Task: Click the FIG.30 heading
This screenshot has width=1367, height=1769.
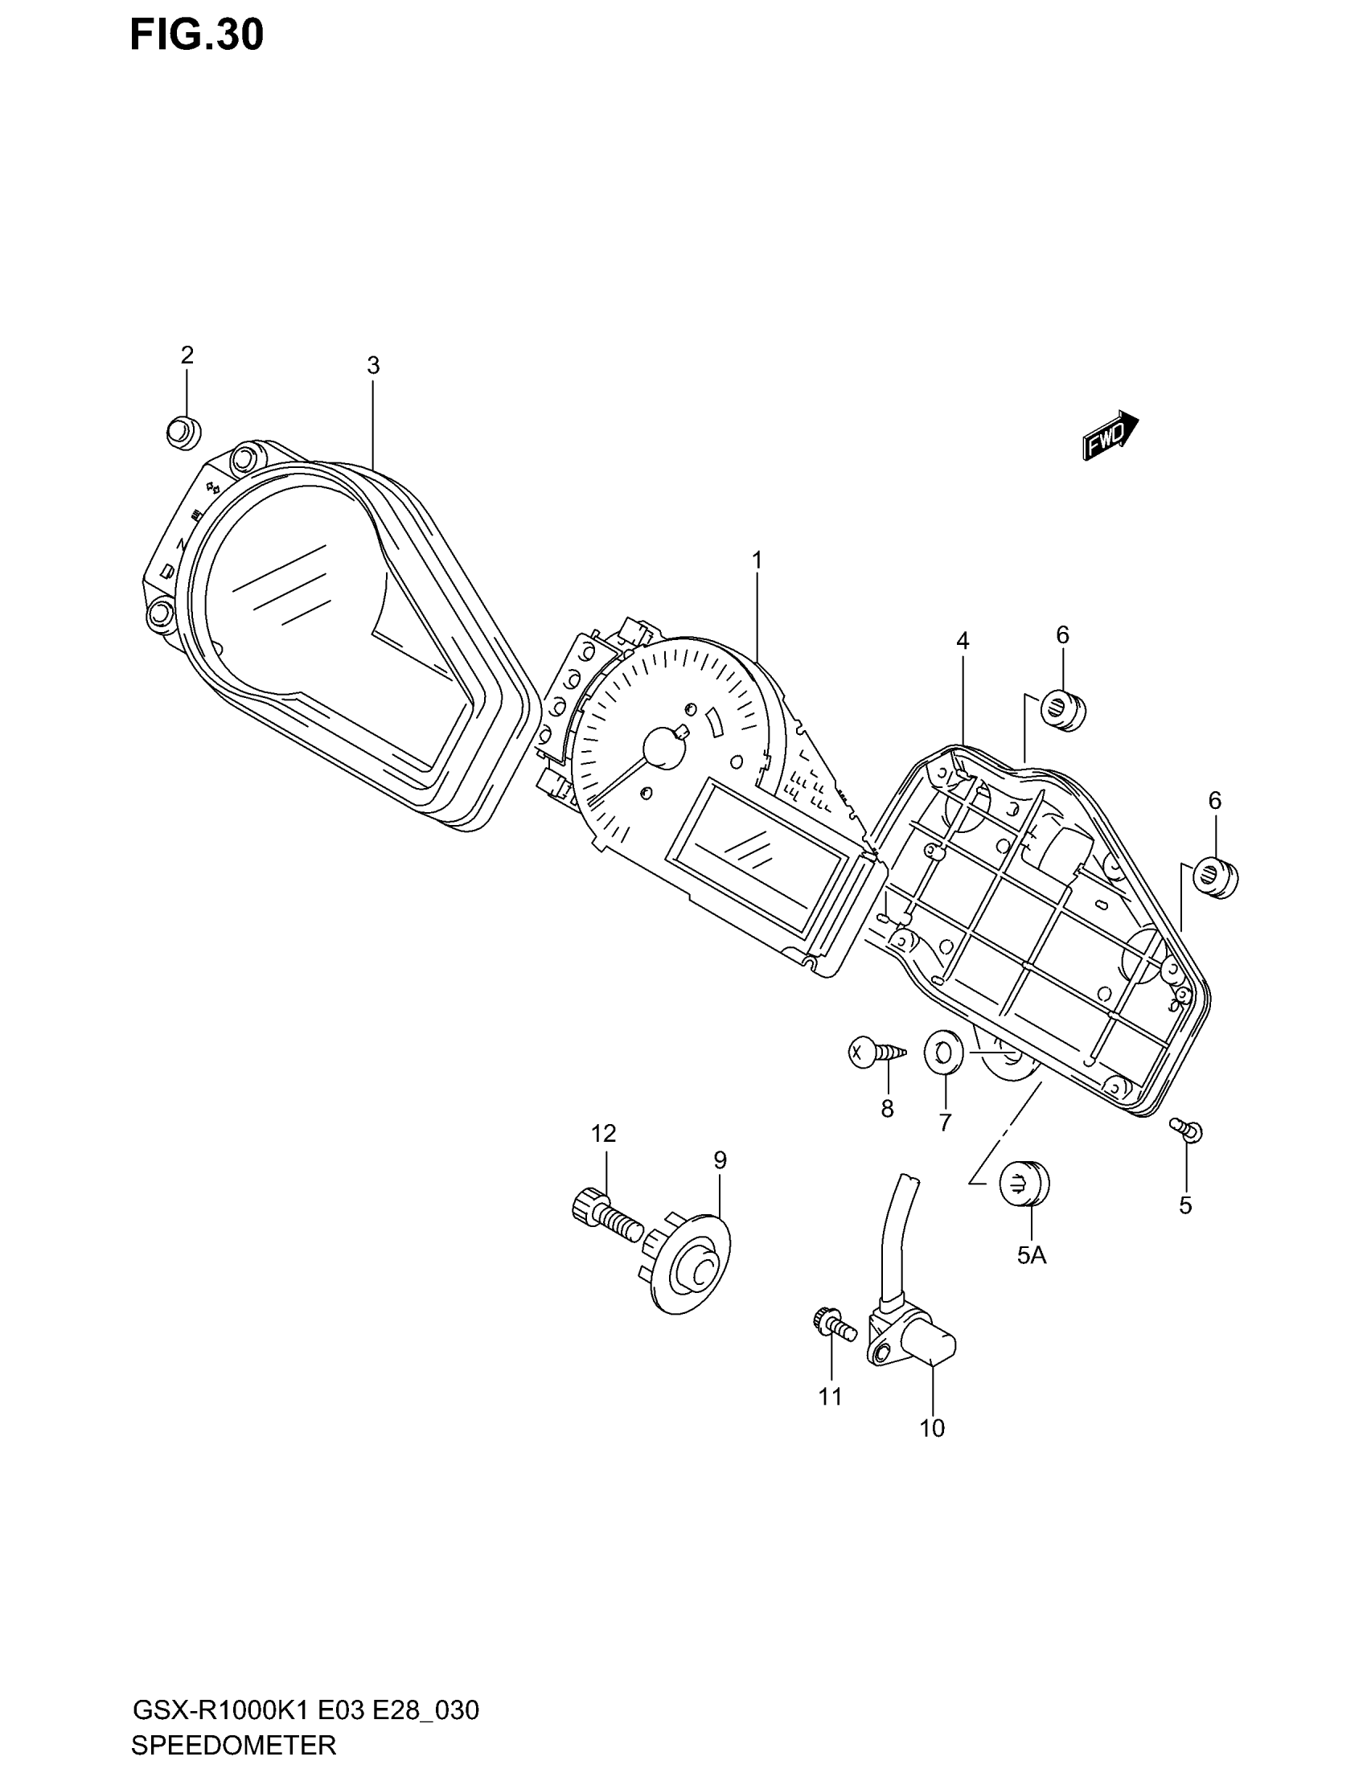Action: click(197, 35)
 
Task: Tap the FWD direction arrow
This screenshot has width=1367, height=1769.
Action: click(1110, 435)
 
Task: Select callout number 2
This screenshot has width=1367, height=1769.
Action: click(187, 355)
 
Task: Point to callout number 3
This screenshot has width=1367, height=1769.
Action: click(372, 366)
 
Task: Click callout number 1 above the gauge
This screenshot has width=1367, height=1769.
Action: click(757, 560)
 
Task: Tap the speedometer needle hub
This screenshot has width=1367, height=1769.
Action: click(664, 747)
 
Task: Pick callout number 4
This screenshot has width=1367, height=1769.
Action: click(962, 641)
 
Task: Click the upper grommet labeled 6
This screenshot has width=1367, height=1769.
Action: click(1061, 710)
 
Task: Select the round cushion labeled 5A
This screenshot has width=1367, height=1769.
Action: click(1024, 1186)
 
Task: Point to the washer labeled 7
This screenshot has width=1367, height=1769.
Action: click(943, 1053)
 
